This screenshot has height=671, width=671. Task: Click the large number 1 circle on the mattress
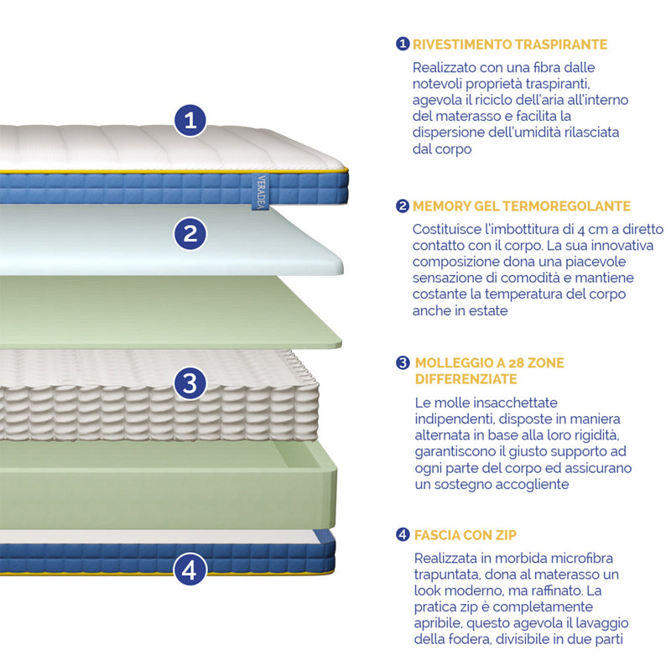tap(190, 120)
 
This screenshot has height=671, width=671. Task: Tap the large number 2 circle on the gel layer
tap(190, 234)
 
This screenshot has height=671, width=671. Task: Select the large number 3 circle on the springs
tap(190, 383)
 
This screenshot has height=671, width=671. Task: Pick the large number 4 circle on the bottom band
tap(190, 570)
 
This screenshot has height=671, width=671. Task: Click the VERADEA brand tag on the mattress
tap(261, 192)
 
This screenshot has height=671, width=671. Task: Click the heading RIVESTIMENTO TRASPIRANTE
tap(510, 44)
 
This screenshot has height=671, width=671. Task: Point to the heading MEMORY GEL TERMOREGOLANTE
tap(522, 206)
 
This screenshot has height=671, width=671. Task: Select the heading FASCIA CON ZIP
tap(466, 535)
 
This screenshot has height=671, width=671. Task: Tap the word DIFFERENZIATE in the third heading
tap(466, 379)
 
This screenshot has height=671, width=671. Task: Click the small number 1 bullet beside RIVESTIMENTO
tap(403, 44)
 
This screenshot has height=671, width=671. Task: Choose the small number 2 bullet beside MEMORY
tap(403, 205)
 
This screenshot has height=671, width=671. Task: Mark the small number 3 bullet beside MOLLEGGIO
tap(403, 363)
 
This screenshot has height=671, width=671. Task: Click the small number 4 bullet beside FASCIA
tap(403, 534)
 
